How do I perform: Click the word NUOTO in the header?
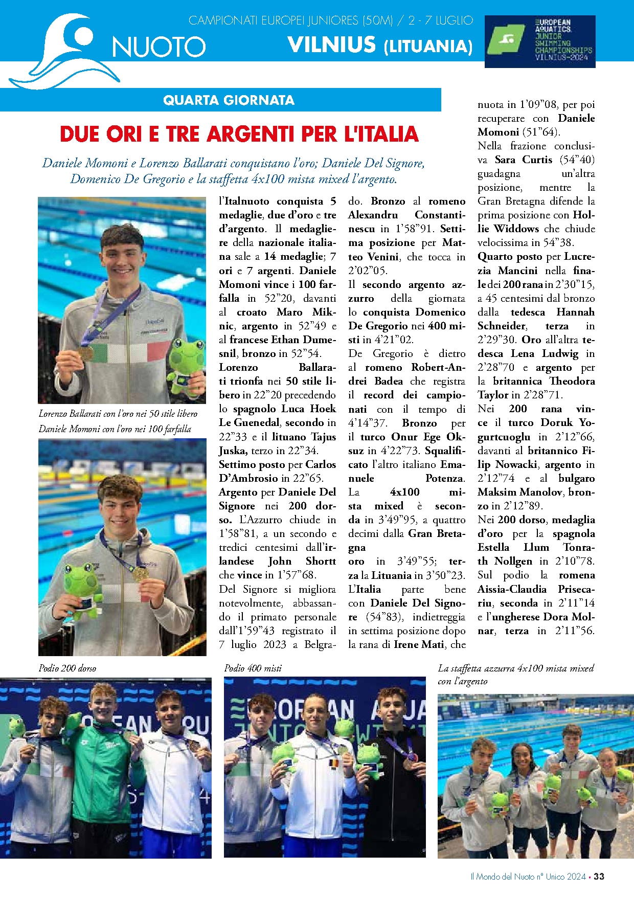coord(159,48)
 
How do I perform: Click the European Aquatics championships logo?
coord(539,41)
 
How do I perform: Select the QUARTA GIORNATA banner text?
coord(229,100)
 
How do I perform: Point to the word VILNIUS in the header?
coord(331,45)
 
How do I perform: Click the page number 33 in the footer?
coord(599,876)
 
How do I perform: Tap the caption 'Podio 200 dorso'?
coord(67,668)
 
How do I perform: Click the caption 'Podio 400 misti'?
coord(253,668)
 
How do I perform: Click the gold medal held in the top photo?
coord(87,353)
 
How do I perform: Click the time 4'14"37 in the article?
coord(368,423)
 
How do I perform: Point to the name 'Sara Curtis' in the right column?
coord(523,160)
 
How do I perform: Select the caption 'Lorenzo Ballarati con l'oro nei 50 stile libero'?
coord(118,413)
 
